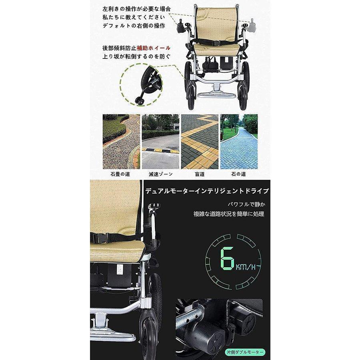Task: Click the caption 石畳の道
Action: tap(121, 174)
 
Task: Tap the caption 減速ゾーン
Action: tap(160, 174)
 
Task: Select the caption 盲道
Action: tap(199, 174)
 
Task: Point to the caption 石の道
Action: tap(238, 174)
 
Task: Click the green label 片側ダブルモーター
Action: tap(244, 352)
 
